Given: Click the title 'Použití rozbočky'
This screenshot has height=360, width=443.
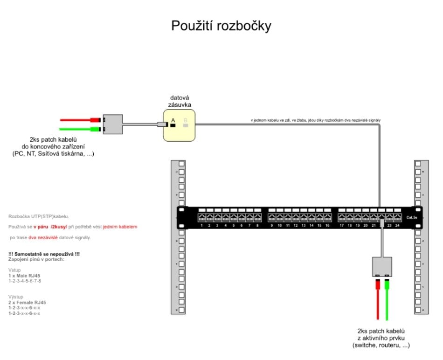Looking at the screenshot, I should point(221,26).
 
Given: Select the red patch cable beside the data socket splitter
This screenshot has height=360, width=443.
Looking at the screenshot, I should point(77,120).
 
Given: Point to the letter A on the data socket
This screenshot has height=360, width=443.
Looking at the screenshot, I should point(173,120).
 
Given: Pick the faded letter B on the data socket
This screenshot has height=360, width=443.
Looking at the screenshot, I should point(186,120).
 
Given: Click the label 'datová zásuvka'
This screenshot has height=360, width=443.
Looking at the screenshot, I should point(180,101).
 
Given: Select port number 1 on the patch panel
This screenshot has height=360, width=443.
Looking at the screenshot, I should point(201,217).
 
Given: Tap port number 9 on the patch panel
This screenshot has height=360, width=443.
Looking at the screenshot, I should point(272,217).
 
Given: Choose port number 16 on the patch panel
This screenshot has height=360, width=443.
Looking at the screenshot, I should point(327,217).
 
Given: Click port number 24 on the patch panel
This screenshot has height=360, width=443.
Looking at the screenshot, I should point(397,217).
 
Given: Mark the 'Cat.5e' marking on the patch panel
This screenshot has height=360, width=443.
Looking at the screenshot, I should point(412,217).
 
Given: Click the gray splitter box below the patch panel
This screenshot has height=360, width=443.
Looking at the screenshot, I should point(382,267).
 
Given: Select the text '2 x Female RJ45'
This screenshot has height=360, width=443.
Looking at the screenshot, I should point(27,302).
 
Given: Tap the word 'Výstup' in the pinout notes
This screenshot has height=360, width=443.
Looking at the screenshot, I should point(16,297).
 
